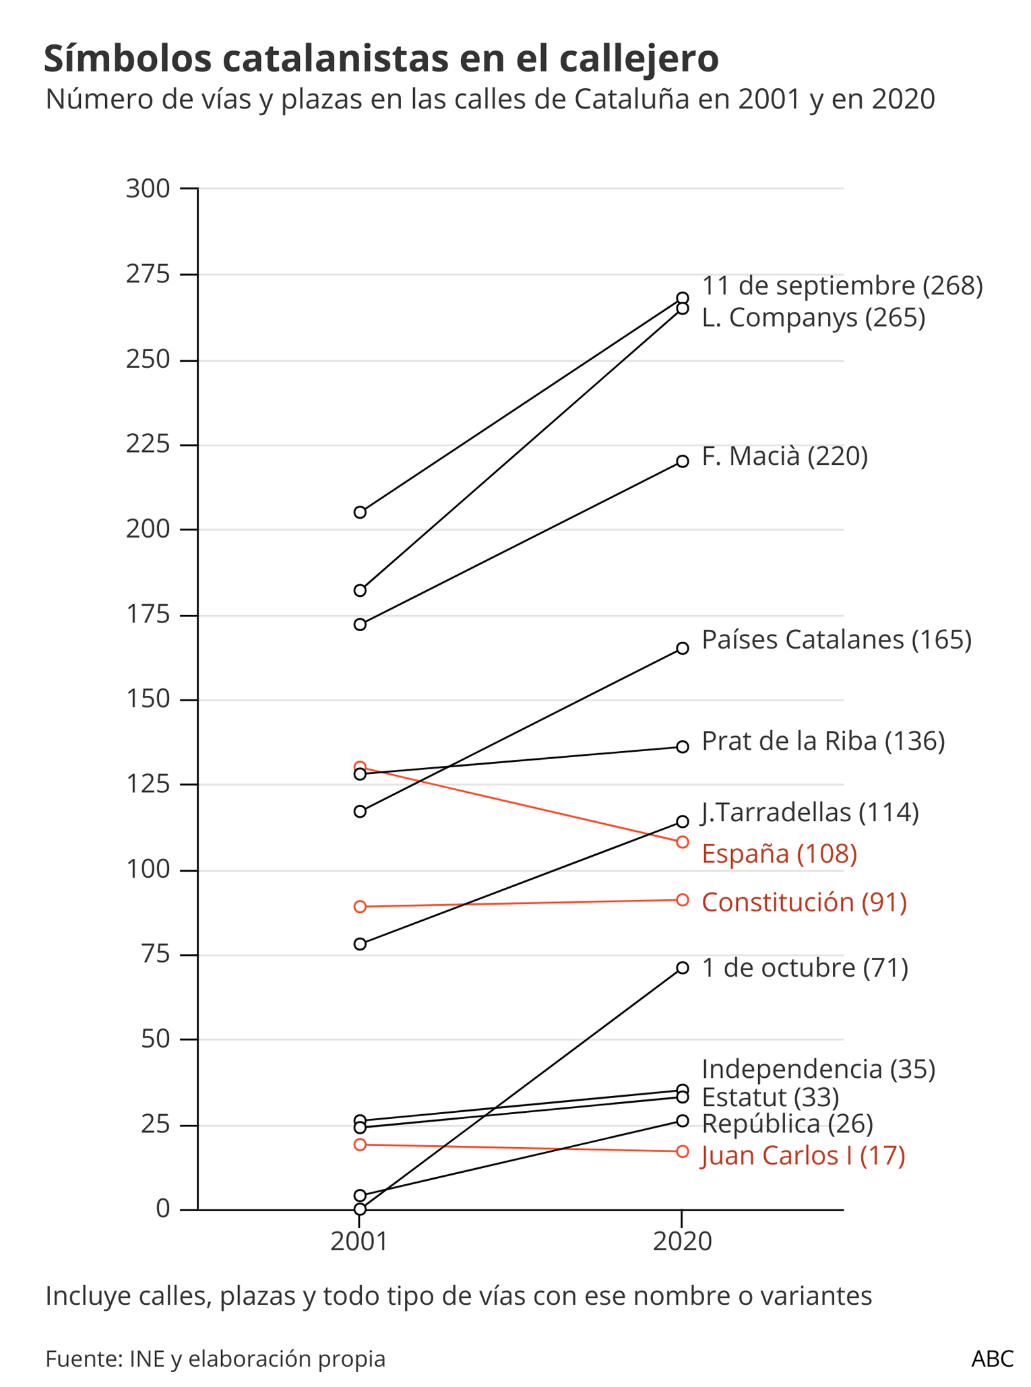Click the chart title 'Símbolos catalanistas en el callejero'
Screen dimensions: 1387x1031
(381, 59)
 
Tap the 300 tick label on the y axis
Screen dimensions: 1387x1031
(148, 189)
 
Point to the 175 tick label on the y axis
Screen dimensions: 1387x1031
(148, 615)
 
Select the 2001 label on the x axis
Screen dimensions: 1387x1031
(359, 1241)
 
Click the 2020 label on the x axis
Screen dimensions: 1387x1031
(682, 1241)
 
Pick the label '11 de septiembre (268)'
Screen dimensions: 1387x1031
(842, 286)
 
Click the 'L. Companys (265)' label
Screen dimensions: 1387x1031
(813, 317)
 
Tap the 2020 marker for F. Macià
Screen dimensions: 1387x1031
(682, 461)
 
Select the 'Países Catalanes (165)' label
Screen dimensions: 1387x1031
(836, 639)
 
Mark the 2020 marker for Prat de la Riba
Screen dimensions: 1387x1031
(682, 746)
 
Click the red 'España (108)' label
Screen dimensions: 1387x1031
(779, 853)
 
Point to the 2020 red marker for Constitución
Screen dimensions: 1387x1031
(682, 900)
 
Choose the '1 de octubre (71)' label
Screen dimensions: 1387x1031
(805, 968)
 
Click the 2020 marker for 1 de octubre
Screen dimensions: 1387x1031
(682, 968)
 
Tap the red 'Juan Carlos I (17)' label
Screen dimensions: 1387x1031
(803, 1155)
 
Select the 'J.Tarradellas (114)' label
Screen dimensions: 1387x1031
(810, 812)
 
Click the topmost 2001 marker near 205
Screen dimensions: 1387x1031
(360, 513)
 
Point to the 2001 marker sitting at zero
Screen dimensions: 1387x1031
(360, 1209)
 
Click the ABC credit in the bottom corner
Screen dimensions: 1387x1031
(992, 1359)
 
